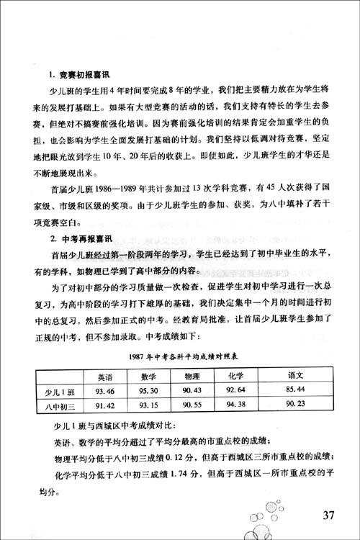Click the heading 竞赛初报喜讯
(x=77, y=74)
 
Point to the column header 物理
(x=192, y=376)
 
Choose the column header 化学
(x=236, y=376)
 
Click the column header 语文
(x=297, y=376)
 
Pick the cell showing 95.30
(x=149, y=391)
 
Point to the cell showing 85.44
(x=297, y=391)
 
